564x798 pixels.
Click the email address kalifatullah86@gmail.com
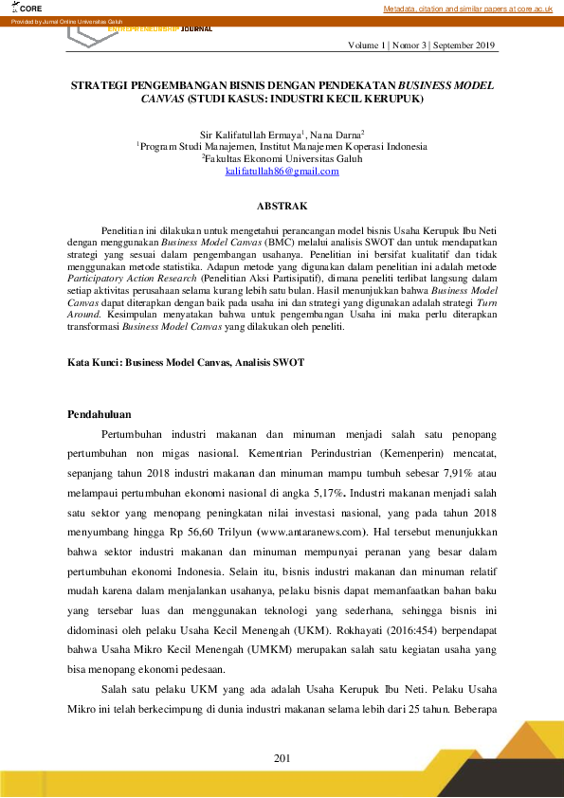(282, 171)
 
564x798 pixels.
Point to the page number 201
(282, 757)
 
